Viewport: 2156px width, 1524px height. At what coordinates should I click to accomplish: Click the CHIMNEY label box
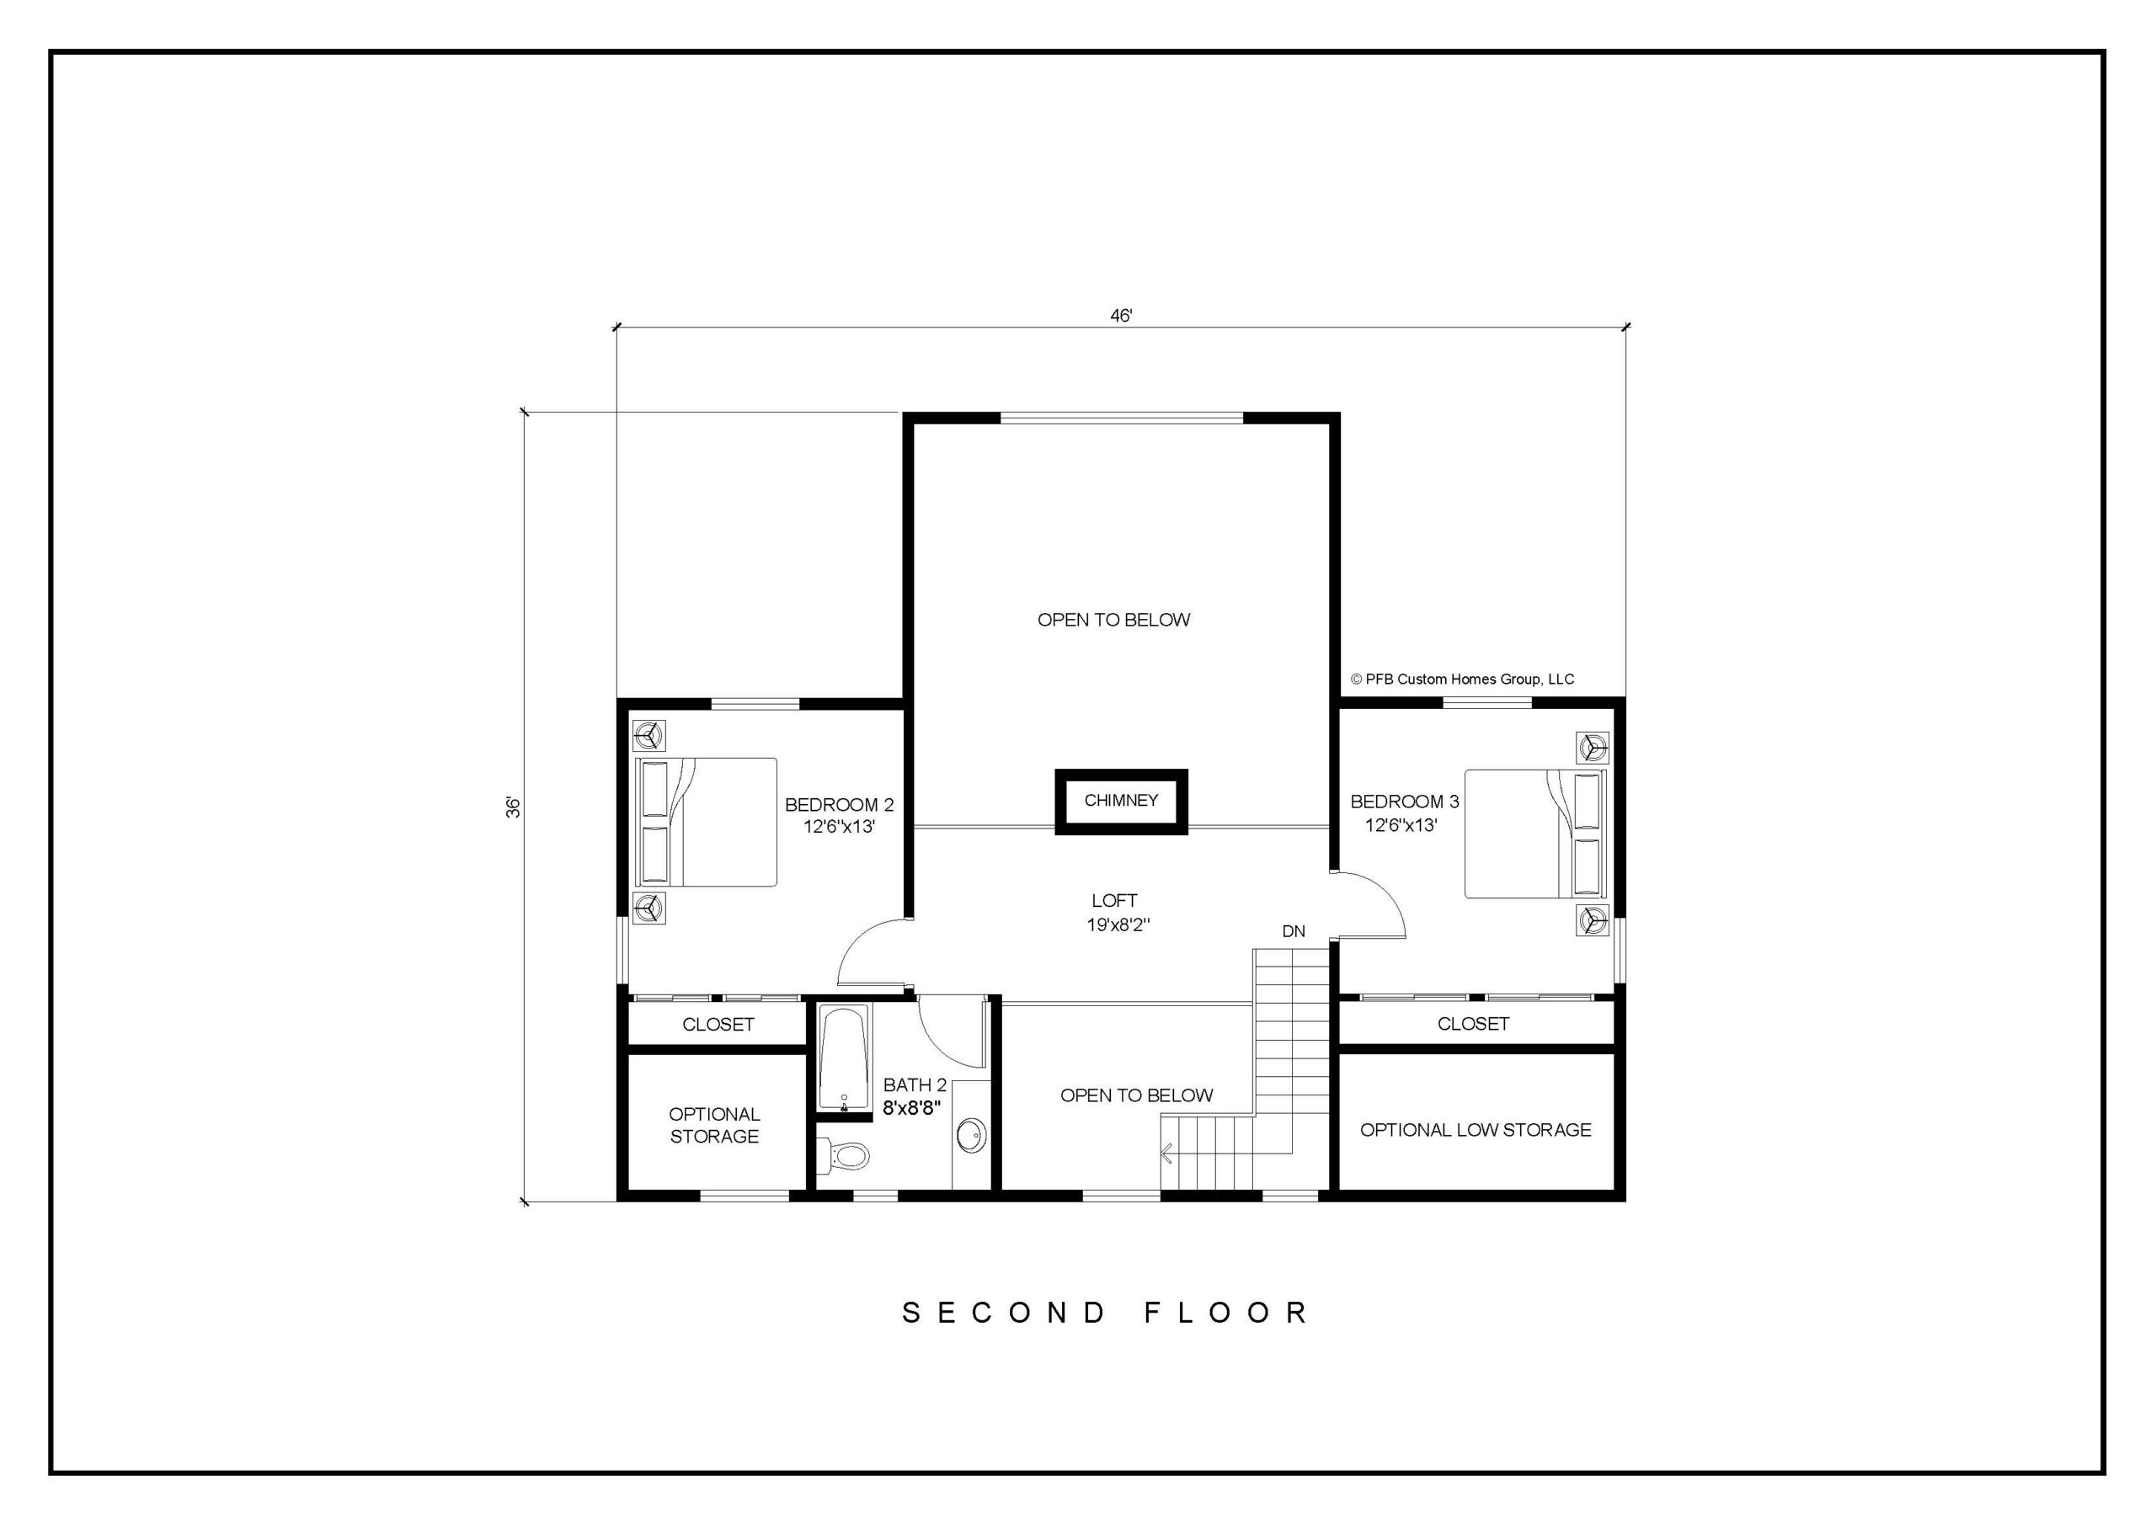click(x=1120, y=801)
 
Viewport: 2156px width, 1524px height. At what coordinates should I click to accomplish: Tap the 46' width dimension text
click(x=1120, y=316)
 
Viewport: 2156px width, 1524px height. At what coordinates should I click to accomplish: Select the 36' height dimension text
click(x=513, y=807)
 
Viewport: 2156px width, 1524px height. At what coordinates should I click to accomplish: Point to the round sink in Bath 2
click(x=971, y=1135)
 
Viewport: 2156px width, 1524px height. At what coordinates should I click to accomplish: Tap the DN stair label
click(x=1293, y=931)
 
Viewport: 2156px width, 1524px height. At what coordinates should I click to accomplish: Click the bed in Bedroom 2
click(x=706, y=822)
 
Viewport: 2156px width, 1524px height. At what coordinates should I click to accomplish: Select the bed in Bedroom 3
click(x=1536, y=834)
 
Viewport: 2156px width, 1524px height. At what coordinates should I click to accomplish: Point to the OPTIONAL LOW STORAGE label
click(x=1476, y=1130)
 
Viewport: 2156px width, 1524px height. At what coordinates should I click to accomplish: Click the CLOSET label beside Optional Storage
click(x=718, y=1025)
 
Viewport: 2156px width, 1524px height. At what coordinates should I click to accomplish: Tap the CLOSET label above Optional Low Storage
click(x=1473, y=1024)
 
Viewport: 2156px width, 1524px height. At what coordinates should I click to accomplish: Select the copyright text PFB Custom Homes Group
click(x=1462, y=679)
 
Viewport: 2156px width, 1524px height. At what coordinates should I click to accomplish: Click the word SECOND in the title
click(x=1004, y=1313)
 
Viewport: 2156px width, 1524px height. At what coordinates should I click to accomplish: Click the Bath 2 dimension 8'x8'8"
click(x=912, y=1108)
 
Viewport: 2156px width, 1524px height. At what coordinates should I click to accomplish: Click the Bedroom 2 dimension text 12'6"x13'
click(x=839, y=828)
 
